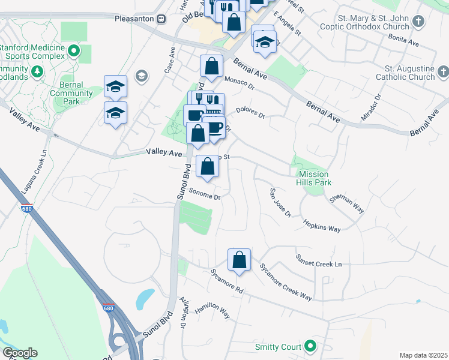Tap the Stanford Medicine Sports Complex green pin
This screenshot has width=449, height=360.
[74, 51]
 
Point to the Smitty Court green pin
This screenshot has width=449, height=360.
[310, 346]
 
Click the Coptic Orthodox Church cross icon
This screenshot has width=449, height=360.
[419, 22]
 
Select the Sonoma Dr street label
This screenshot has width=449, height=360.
[205, 194]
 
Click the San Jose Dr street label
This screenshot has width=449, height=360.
[280, 203]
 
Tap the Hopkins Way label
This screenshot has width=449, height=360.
[321, 225]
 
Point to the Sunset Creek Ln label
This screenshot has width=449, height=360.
[318, 260]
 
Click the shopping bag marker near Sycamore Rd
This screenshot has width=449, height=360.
[239, 260]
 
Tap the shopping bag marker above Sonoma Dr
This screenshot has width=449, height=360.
[207, 167]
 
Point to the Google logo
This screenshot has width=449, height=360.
[20, 353]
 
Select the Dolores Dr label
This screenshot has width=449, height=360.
[250, 112]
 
